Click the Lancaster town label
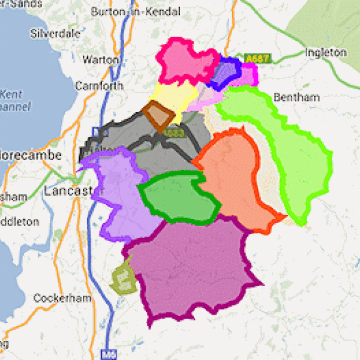click(x=66, y=191)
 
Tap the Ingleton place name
click(x=326, y=52)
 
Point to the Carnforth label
click(x=99, y=86)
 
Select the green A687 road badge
click(x=258, y=59)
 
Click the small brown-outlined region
click(x=158, y=115)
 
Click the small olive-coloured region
click(x=123, y=277)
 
